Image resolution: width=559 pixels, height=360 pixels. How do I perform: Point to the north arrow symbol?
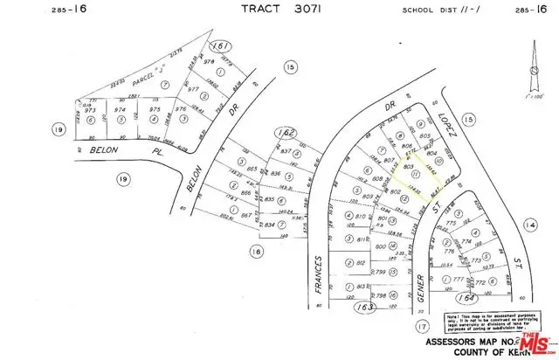click(x=532, y=74)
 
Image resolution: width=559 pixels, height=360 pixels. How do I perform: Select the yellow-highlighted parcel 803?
click(x=409, y=165)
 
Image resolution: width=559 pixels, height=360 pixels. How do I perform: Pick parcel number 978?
click(x=207, y=62)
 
